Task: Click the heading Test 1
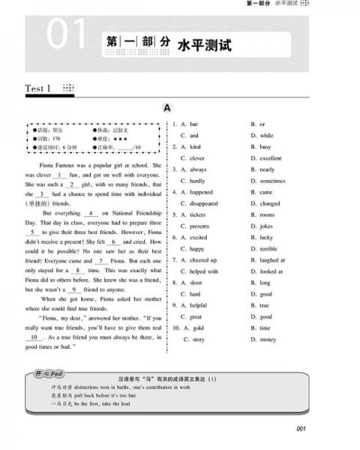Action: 37,89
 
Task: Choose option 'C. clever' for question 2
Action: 192,158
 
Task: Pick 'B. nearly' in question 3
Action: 262,169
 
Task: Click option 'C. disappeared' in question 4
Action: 199,203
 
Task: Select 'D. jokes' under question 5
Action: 262,226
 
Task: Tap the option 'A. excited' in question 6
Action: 193,237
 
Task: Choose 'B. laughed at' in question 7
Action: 268,259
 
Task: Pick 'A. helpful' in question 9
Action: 193,305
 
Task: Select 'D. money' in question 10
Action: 264,339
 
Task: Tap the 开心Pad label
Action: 46,373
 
